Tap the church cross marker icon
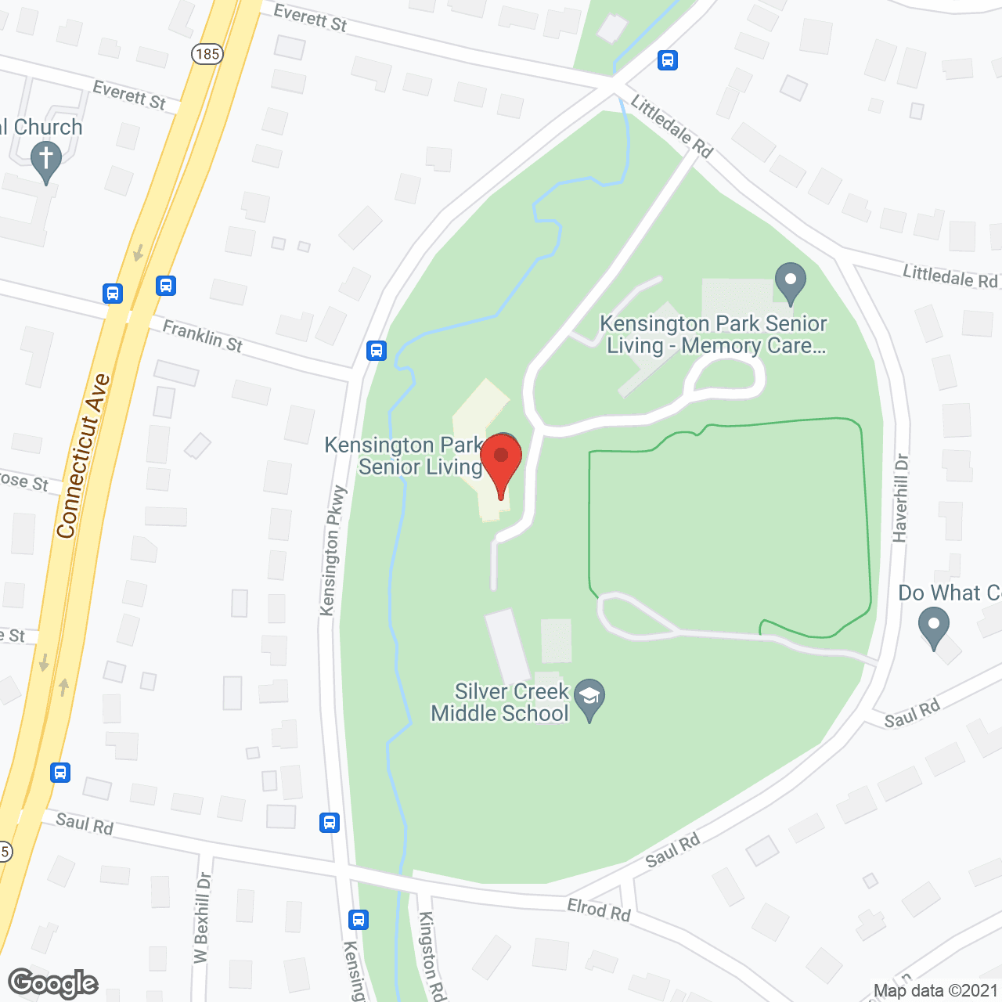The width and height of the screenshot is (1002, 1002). click(x=46, y=160)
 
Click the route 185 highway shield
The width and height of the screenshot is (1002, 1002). click(x=207, y=54)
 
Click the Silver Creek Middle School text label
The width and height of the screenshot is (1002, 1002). click(x=500, y=702)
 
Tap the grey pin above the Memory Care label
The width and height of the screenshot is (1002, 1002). click(x=790, y=281)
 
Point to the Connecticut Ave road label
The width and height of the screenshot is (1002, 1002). click(x=83, y=456)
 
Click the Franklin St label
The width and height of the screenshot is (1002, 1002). click(x=203, y=335)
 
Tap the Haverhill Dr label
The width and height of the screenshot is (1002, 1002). click(x=900, y=498)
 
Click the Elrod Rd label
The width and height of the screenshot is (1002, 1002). click(x=599, y=910)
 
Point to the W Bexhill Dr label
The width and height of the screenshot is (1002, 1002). click(x=203, y=917)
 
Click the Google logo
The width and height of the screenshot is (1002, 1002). click(x=53, y=983)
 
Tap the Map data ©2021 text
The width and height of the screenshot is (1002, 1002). click(x=935, y=991)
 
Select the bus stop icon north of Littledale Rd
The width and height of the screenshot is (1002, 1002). click(x=668, y=60)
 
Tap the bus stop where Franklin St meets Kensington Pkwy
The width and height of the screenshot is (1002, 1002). click(x=377, y=350)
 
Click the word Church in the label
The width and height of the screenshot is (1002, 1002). click(x=48, y=127)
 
